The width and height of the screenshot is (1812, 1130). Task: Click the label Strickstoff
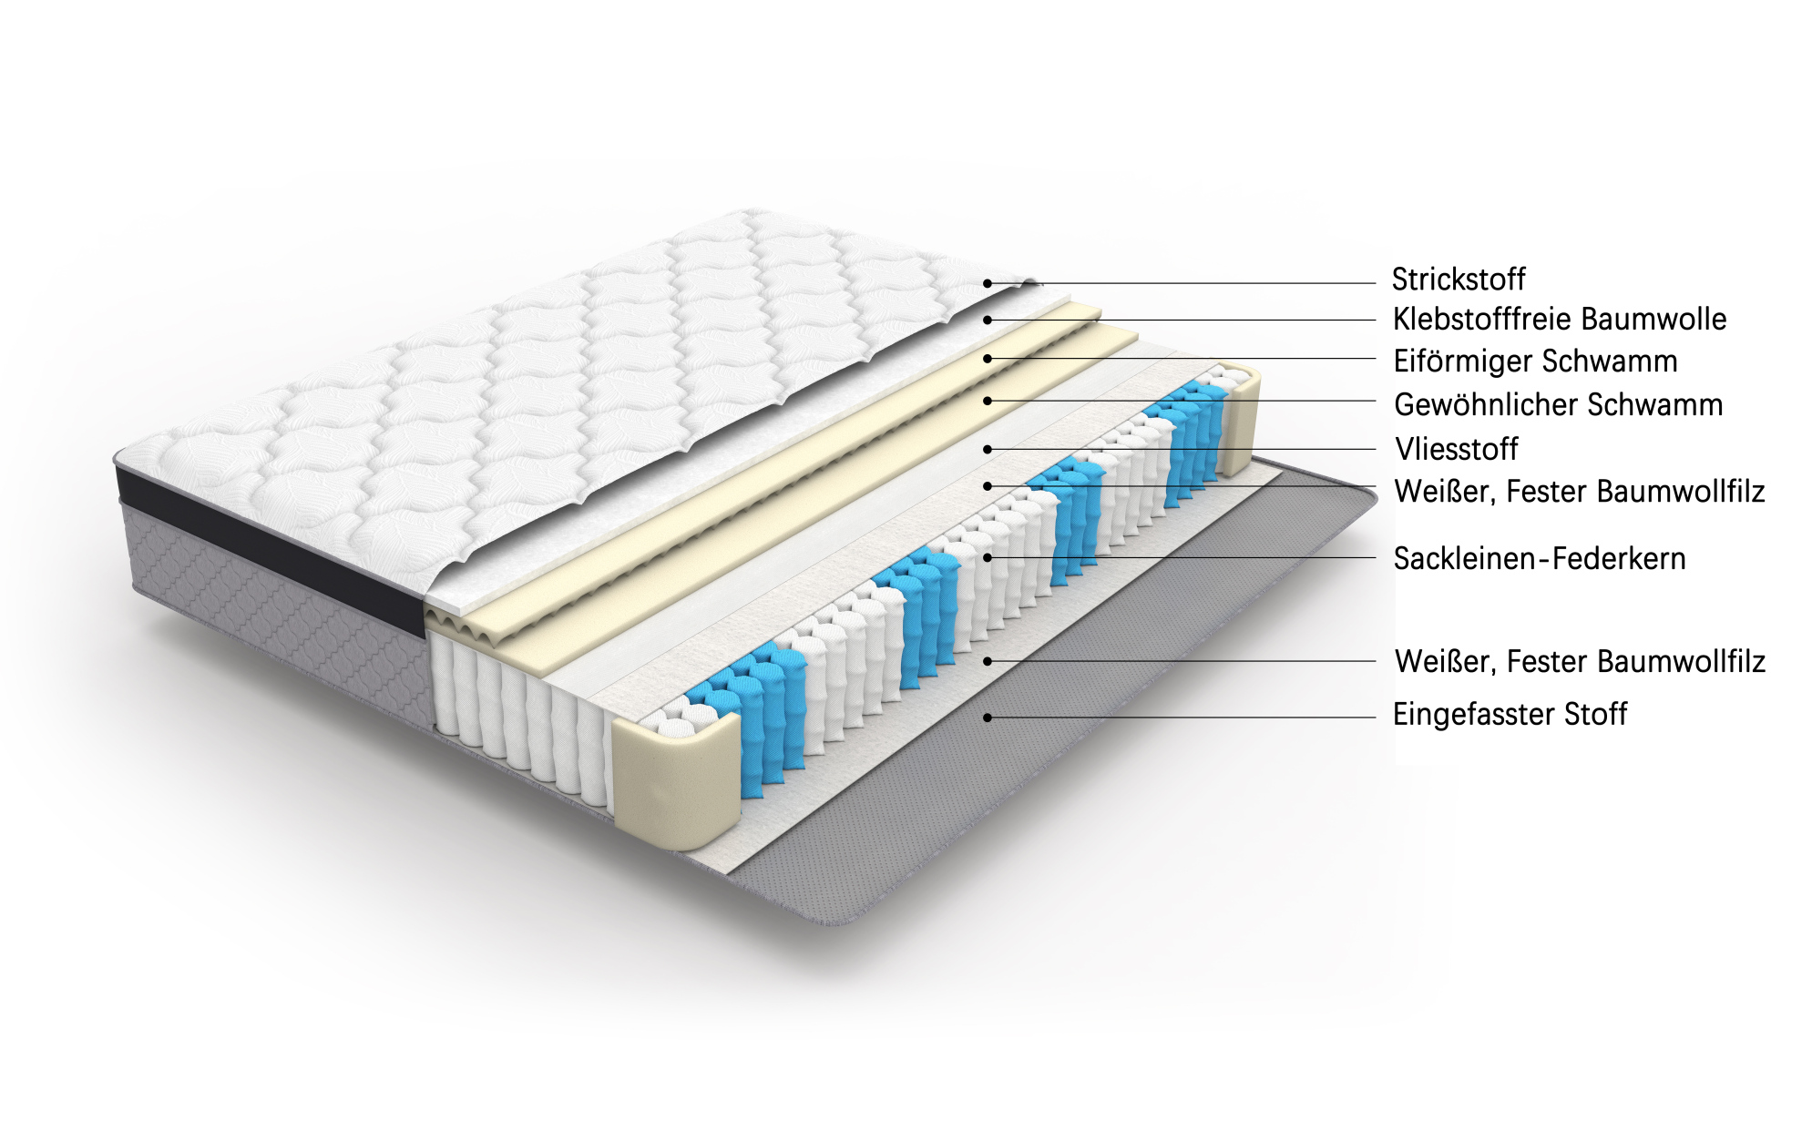(1458, 280)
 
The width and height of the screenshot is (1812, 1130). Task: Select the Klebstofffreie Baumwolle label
(1560, 320)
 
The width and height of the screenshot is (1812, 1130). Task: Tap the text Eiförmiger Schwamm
(1535, 361)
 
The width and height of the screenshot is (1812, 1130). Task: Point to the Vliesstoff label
(1456, 449)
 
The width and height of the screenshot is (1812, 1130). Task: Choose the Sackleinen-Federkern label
(1540, 558)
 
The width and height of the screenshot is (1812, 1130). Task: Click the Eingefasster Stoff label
(1510, 714)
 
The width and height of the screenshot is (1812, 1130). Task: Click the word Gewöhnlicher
(1479, 404)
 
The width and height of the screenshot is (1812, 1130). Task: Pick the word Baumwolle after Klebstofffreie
(1653, 320)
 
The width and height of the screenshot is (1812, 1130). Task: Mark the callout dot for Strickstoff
(988, 283)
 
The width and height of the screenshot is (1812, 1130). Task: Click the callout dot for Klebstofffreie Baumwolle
(988, 321)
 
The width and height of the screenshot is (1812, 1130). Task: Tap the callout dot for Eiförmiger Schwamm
(988, 359)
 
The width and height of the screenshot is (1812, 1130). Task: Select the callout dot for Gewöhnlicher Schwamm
(988, 401)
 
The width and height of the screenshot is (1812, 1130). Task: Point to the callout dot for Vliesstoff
(988, 449)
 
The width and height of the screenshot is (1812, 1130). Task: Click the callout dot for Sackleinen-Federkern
(988, 557)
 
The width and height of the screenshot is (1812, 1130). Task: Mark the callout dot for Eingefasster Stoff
(988, 718)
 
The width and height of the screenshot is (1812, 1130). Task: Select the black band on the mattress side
(270, 546)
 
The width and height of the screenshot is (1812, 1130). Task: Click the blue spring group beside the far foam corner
(1190, 443)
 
